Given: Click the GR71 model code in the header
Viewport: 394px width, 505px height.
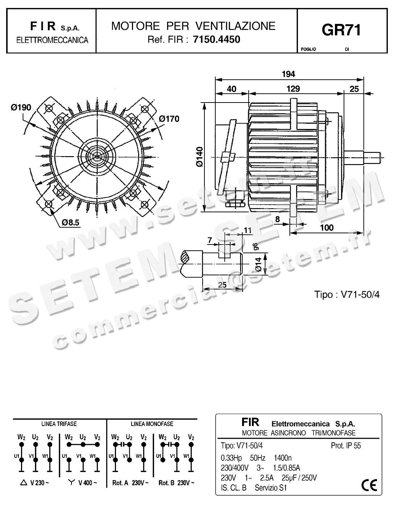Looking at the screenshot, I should pyautogui.click(x=341, y=30).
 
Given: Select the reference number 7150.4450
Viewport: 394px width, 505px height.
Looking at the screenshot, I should pyautogui.click(x=217, y=39).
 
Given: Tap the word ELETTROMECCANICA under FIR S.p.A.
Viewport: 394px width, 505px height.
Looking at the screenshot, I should pyautogui.click(x=52, y=40).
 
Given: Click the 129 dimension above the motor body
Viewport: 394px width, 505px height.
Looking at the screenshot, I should pyautogui.click(x=293, y=89).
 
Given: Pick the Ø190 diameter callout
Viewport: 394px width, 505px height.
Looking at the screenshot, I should pyautogui.click(x=21, y=108).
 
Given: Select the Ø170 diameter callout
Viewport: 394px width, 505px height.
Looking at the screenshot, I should pyautogui.click(x=169, y=119).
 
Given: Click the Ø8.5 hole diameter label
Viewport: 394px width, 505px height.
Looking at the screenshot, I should pyautogui.click(x=70, y=222).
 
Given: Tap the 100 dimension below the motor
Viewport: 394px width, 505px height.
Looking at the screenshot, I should pyautogui.click(x=327, y=228).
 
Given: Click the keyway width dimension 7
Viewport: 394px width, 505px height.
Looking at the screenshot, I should pyautogui.click(x=210, y=240).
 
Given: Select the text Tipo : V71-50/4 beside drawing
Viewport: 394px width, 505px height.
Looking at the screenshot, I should pyautogui.click(x=347, y=295).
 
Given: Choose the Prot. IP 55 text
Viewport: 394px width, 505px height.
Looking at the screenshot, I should pyautogui.click(x=346, y=446).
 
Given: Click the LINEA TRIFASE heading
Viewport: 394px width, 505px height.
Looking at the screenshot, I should pyautogui.click(x=59, y=423).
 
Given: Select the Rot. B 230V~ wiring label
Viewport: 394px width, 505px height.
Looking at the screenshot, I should pyautogui.click(x=176, y=483).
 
